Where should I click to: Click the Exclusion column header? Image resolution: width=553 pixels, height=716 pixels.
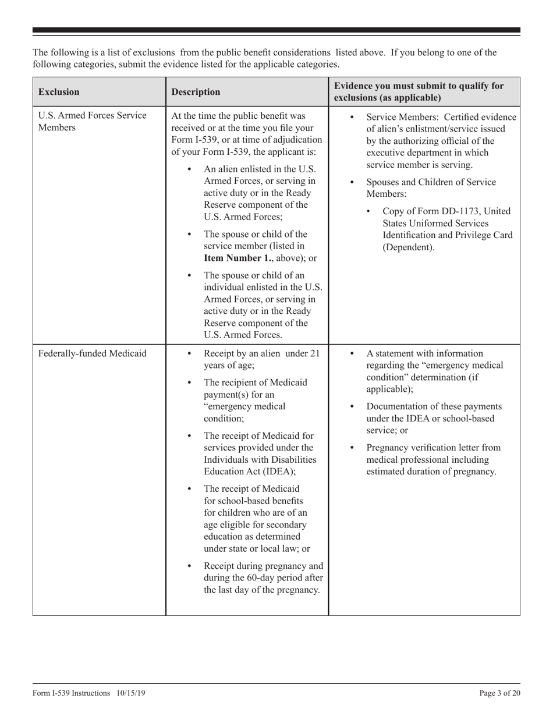59,92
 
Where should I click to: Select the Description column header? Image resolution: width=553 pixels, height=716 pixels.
196,92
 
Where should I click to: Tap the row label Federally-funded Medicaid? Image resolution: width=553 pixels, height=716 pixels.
92,353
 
